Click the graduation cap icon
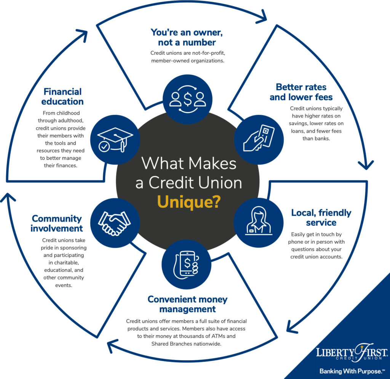click(115, 140)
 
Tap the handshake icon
click(114, 223)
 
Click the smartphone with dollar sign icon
click(186, 265)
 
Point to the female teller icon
click(259, 221)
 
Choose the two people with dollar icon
click(188, 99)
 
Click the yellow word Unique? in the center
click(189, 202)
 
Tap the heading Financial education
click(62, 96)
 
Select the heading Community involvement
click(57, 223)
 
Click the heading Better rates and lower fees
click(301, 92)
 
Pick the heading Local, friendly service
click(321, 218)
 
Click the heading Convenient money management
click(187, 304)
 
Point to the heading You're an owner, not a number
click(187, 37)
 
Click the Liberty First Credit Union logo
click(352, 352)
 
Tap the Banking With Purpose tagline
click(352, 371)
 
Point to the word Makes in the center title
click(212, 164)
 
